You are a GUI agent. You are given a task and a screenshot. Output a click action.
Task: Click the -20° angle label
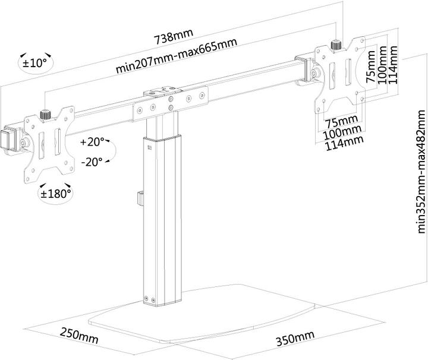click(x=92, y=160)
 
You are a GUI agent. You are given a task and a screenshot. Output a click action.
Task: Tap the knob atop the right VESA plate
click(x=335, y=44)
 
